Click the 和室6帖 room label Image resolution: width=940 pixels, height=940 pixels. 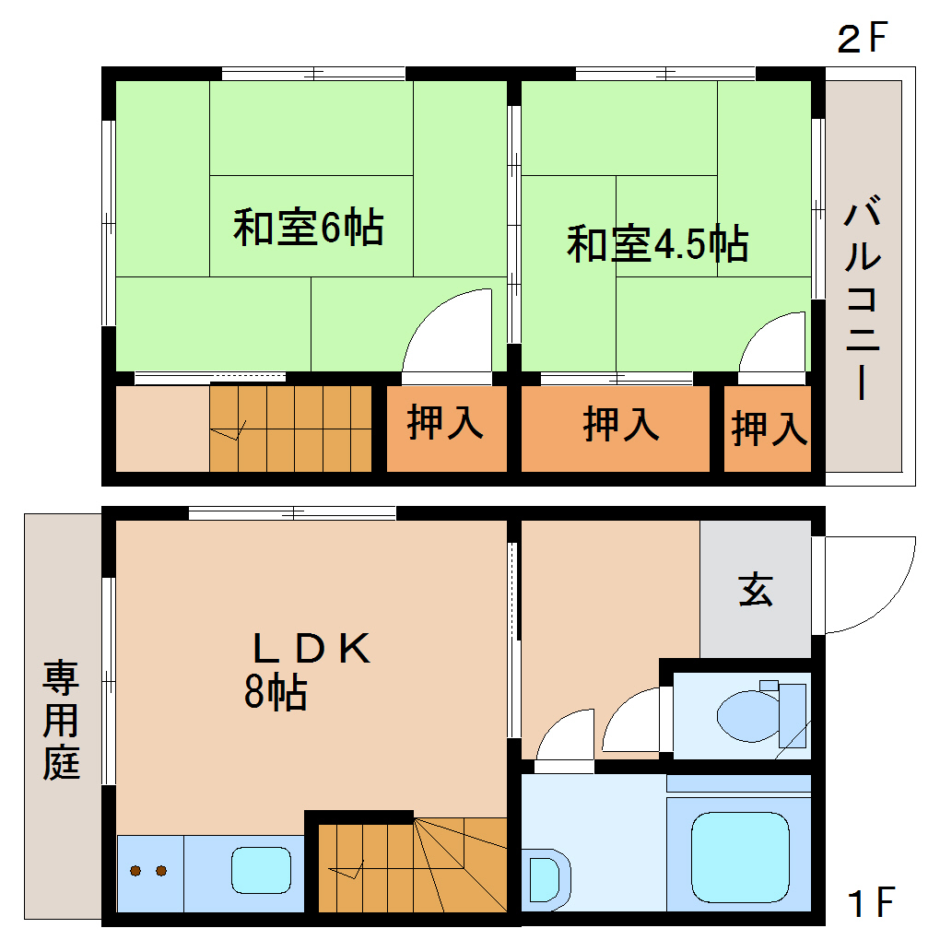[308, 228]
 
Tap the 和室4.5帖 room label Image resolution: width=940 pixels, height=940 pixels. [656, 244]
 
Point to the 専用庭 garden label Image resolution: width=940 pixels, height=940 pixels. [61, 720]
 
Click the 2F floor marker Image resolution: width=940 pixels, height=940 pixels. [861, 39]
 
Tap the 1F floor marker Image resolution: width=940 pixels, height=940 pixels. [870, 902]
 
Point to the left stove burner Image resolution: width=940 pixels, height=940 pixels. [136, 871]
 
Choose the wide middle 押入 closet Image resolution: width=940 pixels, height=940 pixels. [620, 425]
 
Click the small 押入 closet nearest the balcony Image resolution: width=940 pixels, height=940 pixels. [769, 428]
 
